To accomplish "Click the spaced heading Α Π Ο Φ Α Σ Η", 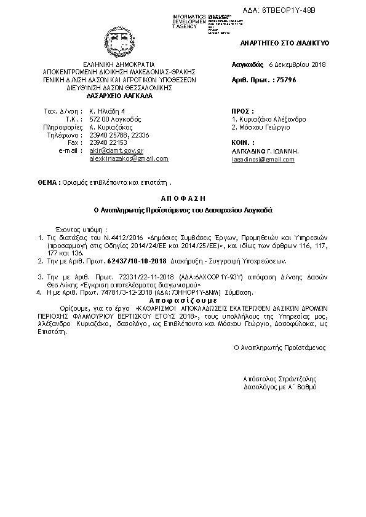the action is [182, 199].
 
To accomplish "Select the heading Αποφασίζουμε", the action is [183, 302].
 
